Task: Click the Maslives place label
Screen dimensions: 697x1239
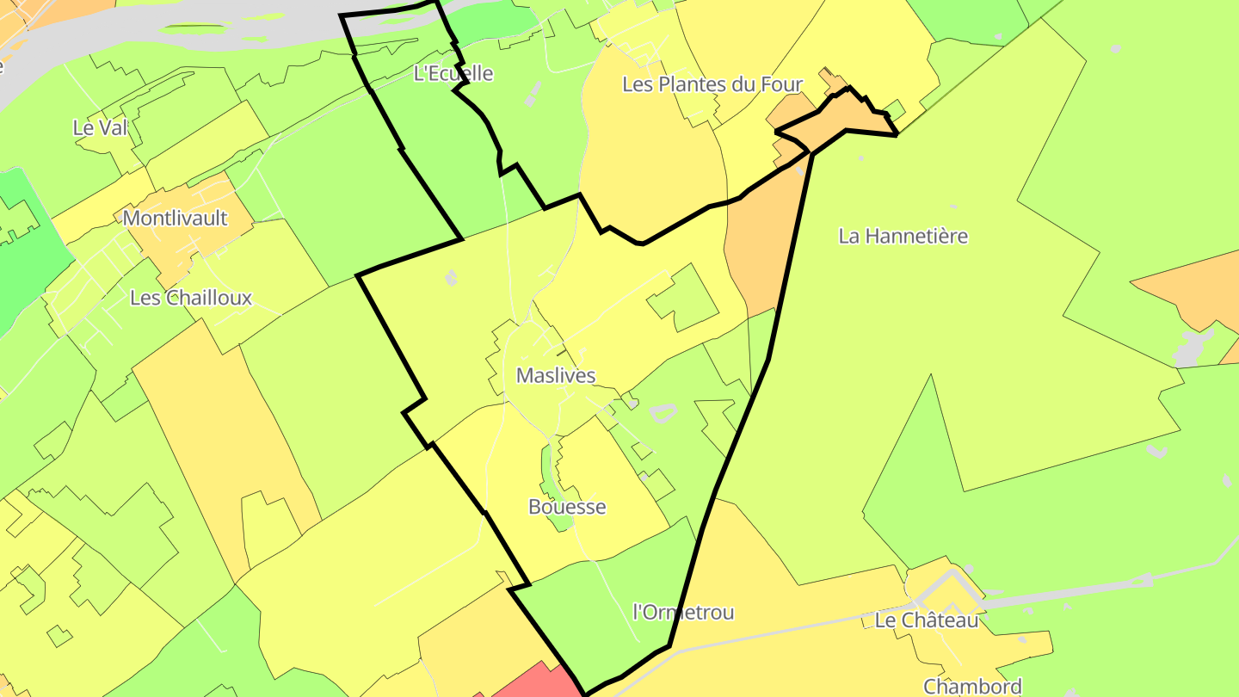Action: [x=555, y=376]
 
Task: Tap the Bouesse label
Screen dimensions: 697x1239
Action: [x=567, y=507]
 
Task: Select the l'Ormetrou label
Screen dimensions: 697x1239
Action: [x=683, y=613]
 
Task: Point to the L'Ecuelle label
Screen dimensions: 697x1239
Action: [x=453, y=73]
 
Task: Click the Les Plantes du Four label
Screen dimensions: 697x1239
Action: [x=712, y=84]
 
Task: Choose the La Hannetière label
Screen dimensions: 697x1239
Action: [x=903, y=236]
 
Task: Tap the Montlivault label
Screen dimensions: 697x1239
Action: [x=175, y=218]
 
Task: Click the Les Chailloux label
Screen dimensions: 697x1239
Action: [x=190, y=298]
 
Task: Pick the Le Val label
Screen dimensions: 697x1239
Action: [x=100, y=128]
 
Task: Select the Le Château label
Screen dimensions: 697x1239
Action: [x=926, y=620]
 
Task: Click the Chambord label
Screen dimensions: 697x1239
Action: [x=972, y=686]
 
